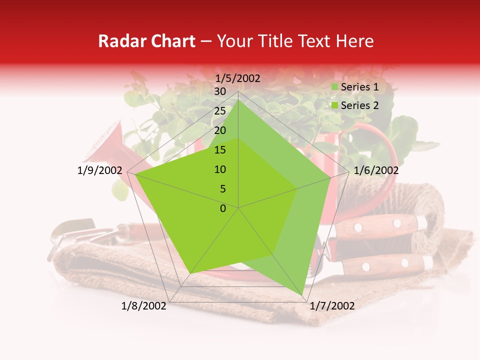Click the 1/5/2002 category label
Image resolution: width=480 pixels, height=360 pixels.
(x=238, y=78)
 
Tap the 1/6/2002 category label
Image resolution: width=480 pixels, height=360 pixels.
(x=376, y=170)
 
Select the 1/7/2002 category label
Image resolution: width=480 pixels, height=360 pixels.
(x=332, y=306)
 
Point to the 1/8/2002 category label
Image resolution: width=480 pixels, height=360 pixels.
(x=144, y=306)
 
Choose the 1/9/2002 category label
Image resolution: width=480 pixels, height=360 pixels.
(x=100, y=170)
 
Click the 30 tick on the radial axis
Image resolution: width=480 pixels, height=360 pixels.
(x=220, y=91)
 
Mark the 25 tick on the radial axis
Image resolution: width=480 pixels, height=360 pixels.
(x=220, y=111)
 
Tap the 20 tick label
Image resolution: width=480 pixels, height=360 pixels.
(x=220, y=130)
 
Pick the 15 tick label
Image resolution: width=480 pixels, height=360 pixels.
(x=220, y=150)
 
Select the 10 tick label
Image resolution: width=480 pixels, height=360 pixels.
(x=220, y=169)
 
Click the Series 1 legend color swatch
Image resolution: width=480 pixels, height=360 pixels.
(x=335, y=87)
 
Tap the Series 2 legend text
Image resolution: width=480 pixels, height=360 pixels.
(x=359, y=105)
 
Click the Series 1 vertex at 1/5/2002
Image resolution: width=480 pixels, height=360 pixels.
(x=238, y=99)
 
